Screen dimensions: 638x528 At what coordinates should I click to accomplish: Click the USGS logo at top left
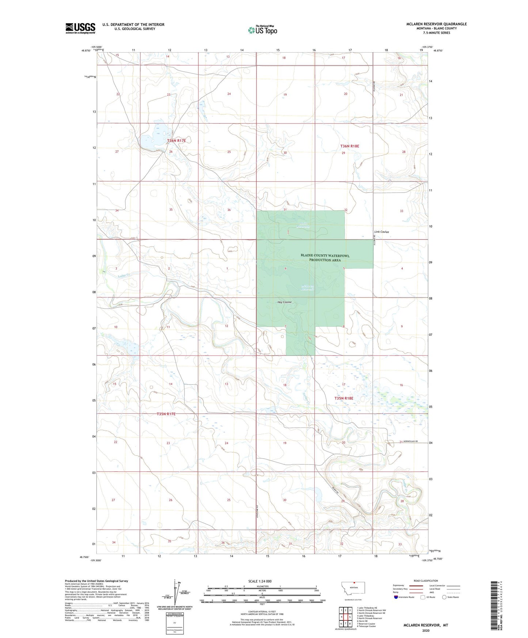(x=80, y=28)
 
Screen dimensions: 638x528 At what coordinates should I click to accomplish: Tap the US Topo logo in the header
(x=262, y=30)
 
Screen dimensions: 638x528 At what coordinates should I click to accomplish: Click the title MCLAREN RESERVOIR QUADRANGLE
(x=436, y=24)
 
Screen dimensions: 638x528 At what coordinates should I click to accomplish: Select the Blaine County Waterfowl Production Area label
(x=325, y=258)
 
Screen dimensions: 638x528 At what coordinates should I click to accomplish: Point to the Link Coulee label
(x=381, y=232)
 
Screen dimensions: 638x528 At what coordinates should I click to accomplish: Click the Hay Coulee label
(x=285, y=302)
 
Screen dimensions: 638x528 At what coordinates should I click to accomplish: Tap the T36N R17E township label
(x=176, y=141)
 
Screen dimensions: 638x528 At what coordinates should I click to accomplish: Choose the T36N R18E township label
(x=350, y=146)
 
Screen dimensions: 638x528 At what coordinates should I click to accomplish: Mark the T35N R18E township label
(x=344, y=398)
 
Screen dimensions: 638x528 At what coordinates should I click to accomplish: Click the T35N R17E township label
(x=166, y=414)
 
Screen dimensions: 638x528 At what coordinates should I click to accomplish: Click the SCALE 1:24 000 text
(x=260, y=581)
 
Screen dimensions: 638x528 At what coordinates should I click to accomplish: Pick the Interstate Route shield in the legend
(x=397, y=597)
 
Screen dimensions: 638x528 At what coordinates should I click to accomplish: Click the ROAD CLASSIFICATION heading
(x=426, y=581)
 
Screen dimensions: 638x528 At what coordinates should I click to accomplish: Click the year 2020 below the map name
(x=426, y=630)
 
